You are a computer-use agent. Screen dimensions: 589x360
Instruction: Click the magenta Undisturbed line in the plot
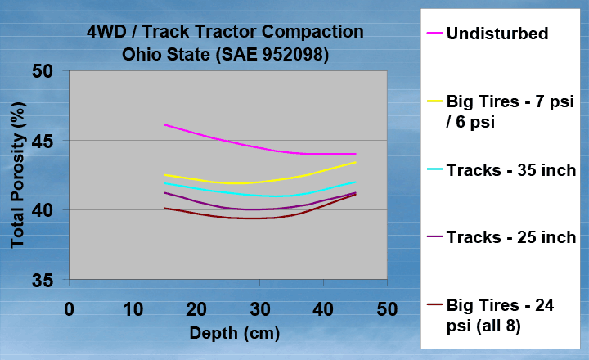(x=259, y=147)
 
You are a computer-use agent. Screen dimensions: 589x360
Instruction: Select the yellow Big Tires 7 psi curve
(x=259, y=182)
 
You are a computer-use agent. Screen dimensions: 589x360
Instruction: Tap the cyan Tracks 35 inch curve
(x=259, y=196)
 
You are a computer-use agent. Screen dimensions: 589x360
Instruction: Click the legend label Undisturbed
(x=497, y=34)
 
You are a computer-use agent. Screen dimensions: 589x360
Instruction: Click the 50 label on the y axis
(x=42, y=71)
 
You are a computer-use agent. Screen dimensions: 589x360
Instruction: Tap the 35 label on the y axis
(x=42, y=281)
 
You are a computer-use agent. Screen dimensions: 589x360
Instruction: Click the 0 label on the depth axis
(x=69, y=309)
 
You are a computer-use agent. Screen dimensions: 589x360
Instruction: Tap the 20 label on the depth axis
(x=196, y=309)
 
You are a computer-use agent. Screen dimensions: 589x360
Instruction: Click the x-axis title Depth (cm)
(x=235, y=333)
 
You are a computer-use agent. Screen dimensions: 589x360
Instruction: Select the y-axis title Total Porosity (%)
(x=18, y=175)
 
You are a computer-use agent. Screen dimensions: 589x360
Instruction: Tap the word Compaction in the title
(x=312, y=32)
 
